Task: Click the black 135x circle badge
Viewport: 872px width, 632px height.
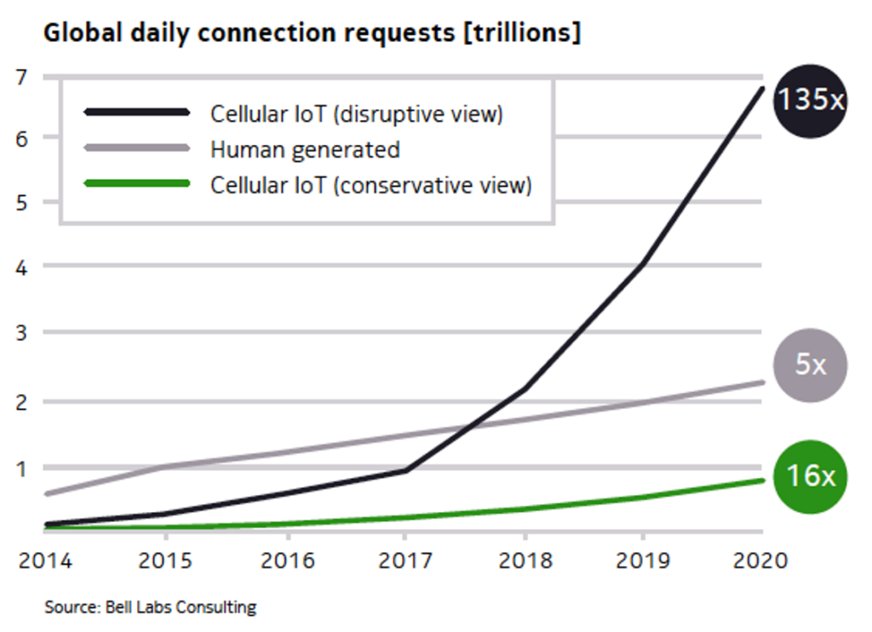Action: (x=810, y=100)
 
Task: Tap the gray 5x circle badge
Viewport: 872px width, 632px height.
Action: (x=810, y=365)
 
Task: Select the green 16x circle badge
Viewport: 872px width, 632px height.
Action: (x=810, y=476)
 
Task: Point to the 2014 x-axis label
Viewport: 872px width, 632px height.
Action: (x=44, y=560)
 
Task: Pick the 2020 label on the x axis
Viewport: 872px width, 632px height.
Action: (x=760, y=560)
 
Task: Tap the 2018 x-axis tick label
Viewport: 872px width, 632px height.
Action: (x=524, y=560)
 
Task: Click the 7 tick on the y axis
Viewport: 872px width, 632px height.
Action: (x=22, y=78)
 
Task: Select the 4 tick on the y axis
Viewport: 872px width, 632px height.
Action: (x=22, y=267)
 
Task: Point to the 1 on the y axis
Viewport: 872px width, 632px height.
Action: (x=22, y=468)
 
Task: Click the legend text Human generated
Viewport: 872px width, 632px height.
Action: (x=305, y=150)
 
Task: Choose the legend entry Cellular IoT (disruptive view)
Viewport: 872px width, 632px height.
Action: (x=357, y=113)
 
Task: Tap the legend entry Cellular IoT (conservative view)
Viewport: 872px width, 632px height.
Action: (x=370, y=185)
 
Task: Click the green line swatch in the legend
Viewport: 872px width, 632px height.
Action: (x=136, y=185)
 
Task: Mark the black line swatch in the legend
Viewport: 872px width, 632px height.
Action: (x=136, y=112)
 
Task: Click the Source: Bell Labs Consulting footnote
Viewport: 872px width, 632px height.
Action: (x=150, y=607)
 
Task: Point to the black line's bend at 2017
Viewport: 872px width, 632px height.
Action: (x=404, y=470)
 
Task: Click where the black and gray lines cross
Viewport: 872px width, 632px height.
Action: (x=468, y=426)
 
